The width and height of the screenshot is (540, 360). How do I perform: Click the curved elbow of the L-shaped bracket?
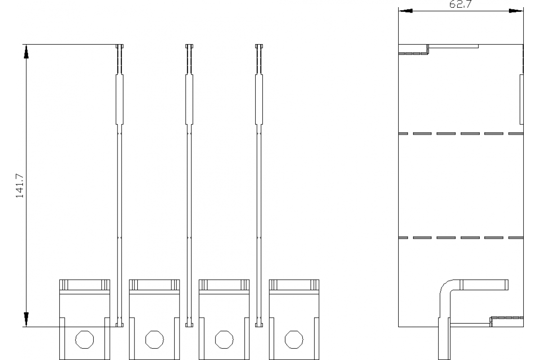coord(446,287)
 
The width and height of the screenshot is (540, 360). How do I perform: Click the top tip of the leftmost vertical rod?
coord(120,46)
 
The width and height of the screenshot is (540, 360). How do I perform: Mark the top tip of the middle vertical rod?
coord(189,46)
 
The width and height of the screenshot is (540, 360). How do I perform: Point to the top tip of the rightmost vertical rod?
coord(259,46)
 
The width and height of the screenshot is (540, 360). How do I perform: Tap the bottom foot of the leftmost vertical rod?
coord(120,324)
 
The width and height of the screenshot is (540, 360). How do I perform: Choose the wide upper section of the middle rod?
coord(189,99)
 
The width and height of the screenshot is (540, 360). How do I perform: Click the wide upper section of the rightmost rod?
coord(259,99)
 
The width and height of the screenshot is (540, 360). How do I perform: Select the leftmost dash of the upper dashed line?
coord(404,134)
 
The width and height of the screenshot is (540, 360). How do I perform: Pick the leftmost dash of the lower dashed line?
coord(404,237)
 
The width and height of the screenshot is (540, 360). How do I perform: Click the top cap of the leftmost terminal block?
coord(85,285)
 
